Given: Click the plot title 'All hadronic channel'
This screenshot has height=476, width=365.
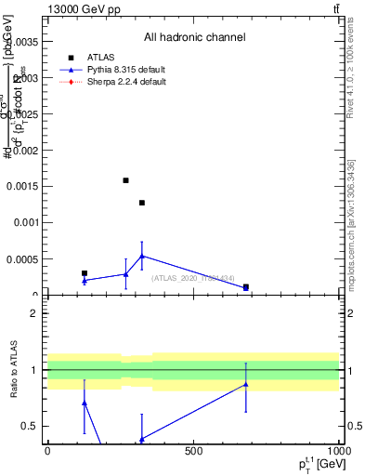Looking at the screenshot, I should coord(194,38).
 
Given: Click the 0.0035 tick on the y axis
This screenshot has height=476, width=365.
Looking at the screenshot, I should coord(24,41).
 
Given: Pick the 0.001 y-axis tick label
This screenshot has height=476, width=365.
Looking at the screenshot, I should coord(27,223).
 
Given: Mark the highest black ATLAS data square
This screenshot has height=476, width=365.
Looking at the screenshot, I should coord(125,180).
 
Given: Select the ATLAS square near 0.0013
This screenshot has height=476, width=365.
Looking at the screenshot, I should coord(142,203).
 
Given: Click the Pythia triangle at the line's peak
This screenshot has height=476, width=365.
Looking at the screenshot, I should coord(142,256).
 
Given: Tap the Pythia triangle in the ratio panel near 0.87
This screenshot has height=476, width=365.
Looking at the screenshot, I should coord(246,384).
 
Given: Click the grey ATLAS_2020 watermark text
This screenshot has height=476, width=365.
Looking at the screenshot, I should coord(193,277).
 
